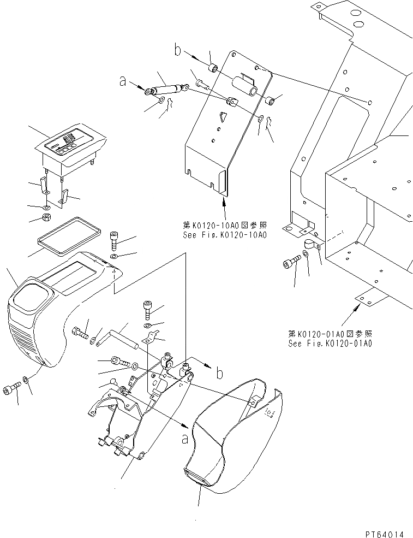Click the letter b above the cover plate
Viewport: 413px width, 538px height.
click(177, 51)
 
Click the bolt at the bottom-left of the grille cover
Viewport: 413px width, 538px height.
click(11, 388)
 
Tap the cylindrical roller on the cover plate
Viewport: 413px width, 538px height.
click(246, 86)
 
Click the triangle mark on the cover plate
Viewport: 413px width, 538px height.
click(222, 116)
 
